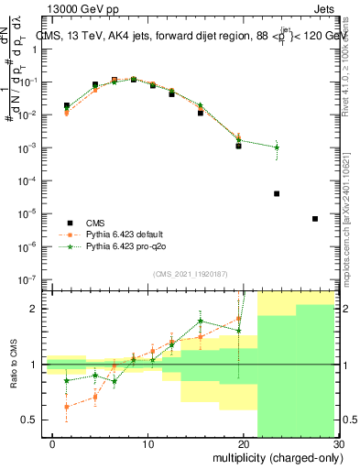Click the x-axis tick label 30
(337, 446)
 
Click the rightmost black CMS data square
(315, 219)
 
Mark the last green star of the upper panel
(277, 147)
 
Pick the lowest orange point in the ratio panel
(66, 407)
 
